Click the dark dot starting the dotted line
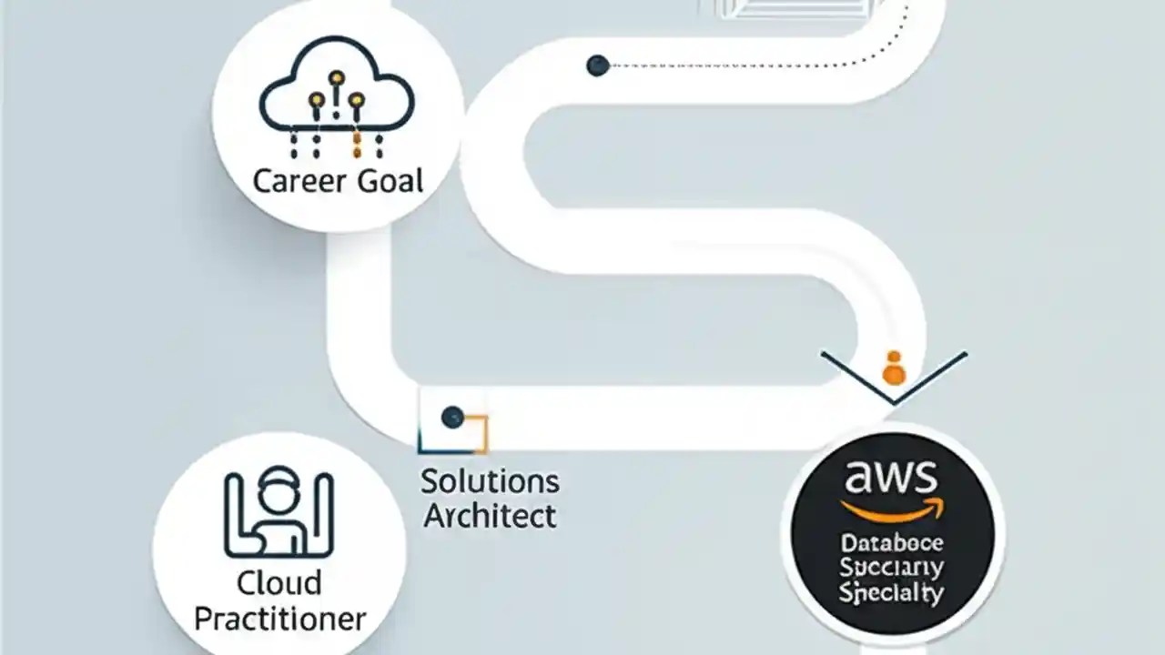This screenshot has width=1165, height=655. click(598, 65)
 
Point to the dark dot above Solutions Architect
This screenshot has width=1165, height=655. click(452, 418)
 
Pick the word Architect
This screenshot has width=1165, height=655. click(490, 516)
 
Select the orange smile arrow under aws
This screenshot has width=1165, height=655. click(892, 510)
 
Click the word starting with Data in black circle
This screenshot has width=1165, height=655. click(892, 544)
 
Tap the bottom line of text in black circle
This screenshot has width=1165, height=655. click(892, 595)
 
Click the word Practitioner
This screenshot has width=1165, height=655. click(280, 619)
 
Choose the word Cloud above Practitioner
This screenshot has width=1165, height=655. click(279, 582)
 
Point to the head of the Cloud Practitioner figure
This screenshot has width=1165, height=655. click(279, 497)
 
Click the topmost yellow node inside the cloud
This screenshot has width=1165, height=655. click(337, 78)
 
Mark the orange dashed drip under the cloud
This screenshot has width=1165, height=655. click(357, 143)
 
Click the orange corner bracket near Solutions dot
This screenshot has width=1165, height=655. click(481, 435)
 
